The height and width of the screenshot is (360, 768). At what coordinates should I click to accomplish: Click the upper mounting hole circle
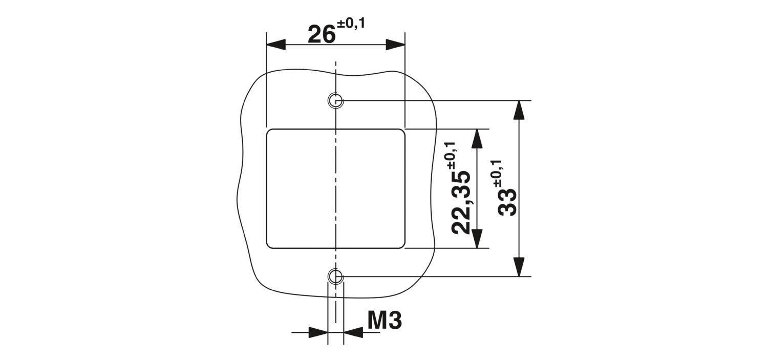[336, 93]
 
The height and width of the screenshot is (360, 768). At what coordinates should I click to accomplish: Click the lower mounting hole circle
[336, 268]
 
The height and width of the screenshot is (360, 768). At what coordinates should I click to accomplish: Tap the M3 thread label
[385, 321]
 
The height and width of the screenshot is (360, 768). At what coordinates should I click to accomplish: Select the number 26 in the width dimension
[321, 34]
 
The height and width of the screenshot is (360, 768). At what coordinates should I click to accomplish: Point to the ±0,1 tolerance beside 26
[351, 24]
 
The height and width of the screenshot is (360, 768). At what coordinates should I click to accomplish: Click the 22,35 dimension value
[460, 202]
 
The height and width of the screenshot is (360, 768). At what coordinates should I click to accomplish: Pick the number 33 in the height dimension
[507, 202]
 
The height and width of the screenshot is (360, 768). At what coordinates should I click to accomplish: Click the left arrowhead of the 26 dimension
[276, 45]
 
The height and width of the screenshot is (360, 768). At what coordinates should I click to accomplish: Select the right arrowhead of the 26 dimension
[396, 45]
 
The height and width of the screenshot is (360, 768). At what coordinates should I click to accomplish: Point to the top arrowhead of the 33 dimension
[520, 110]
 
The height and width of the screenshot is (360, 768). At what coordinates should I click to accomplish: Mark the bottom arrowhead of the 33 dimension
[520, 267]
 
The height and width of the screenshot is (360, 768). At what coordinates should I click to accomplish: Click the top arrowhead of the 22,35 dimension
[477, 138]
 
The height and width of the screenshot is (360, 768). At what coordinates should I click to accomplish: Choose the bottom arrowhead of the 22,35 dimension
[477, 239]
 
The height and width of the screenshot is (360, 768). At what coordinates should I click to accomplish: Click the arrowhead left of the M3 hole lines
[318, 332]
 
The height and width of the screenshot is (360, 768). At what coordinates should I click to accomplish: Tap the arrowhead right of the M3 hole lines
[353, 332]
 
